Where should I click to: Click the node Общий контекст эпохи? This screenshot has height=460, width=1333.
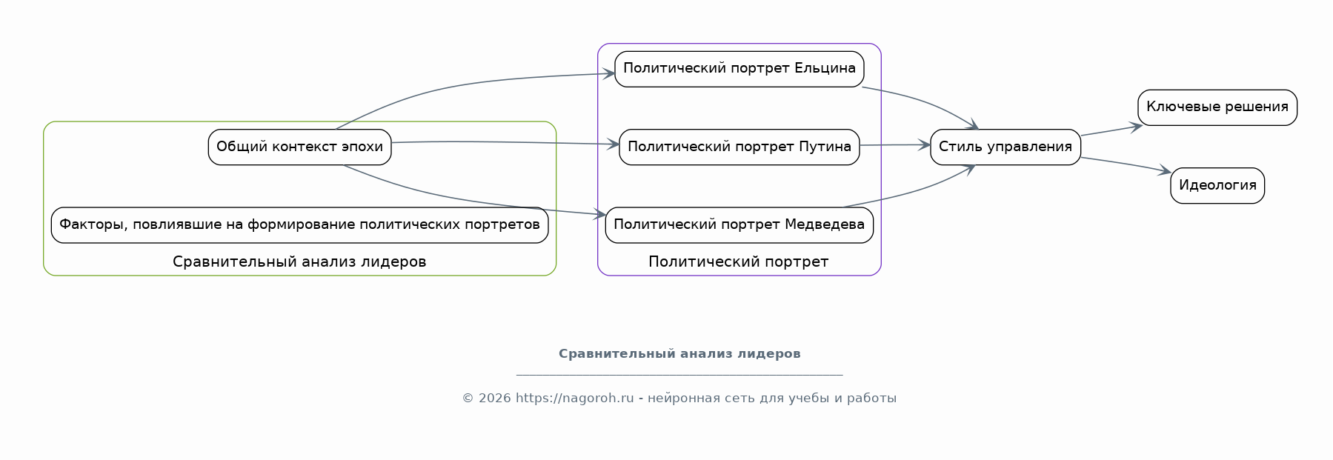click(x=299, y=147)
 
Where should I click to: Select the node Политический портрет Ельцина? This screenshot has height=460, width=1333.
click(x=739, y=69)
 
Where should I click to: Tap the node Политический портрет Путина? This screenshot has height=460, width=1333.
click(x=739, y=147)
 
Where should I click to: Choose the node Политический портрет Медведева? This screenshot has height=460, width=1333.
click(x=739, y=224)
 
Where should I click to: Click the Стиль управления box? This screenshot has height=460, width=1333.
click(x=1005, y=147)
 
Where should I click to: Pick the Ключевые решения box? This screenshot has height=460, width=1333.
click(x=1217, y=107)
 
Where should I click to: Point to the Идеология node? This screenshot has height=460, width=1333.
click(x=1217, y=185)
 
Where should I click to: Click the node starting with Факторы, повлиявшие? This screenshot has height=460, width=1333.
click(x=299, y=224)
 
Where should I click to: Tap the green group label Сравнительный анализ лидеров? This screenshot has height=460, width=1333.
click(x=299, y=261)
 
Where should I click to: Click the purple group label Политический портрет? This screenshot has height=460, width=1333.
click(x=739, y=261)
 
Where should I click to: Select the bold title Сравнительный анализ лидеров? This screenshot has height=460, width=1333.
click(x=679, y=354)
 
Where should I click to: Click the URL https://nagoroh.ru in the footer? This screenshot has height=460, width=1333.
click(x=575, y=399)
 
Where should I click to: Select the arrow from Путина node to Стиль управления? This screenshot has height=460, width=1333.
click(x=895, y=145)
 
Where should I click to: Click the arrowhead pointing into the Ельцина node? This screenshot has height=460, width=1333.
click(x=609, y=73)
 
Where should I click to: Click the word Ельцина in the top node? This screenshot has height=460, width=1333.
click(x=825, y=69)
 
